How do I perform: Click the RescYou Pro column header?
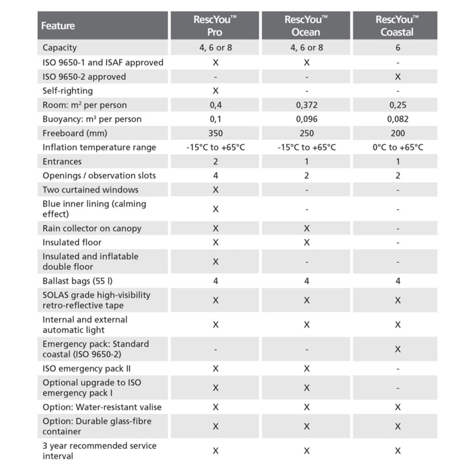(x=215, y=26)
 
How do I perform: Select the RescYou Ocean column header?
(x=306, y=26)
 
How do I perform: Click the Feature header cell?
(x=58, y=26)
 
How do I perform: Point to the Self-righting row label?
(x=67, y=91)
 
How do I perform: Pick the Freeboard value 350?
(x=215, y=133)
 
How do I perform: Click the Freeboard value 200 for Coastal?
(x=398, y=133)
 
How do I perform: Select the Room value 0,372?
(x=306, y=105)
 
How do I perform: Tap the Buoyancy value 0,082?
(x=398, y=119)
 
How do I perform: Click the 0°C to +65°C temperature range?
(x=398, y=147)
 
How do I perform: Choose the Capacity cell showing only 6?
(x=398, y=47)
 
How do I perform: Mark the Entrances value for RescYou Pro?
(x=216, y=161)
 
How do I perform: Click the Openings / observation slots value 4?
(x=216, y=176)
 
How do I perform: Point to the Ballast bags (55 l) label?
(x=77, y=281)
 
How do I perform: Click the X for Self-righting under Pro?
(x=216, y=91)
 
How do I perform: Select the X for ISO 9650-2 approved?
(x=398, y=76)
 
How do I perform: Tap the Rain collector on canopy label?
(x=92, y=228)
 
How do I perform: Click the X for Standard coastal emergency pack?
(x=398, y=349)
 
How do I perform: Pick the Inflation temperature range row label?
(x=99, y=147)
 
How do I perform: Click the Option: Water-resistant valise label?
(x=102, y=407)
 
